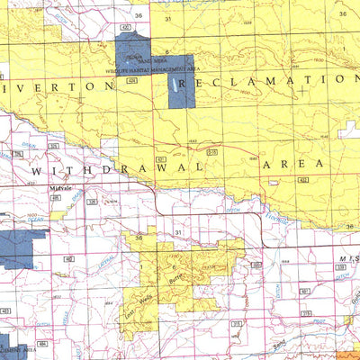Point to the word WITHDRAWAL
(x=112, y=167)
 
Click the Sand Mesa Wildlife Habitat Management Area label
(x=148, y=66)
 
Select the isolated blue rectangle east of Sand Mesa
(x=187, y=89)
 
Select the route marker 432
(x=303, y=180)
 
